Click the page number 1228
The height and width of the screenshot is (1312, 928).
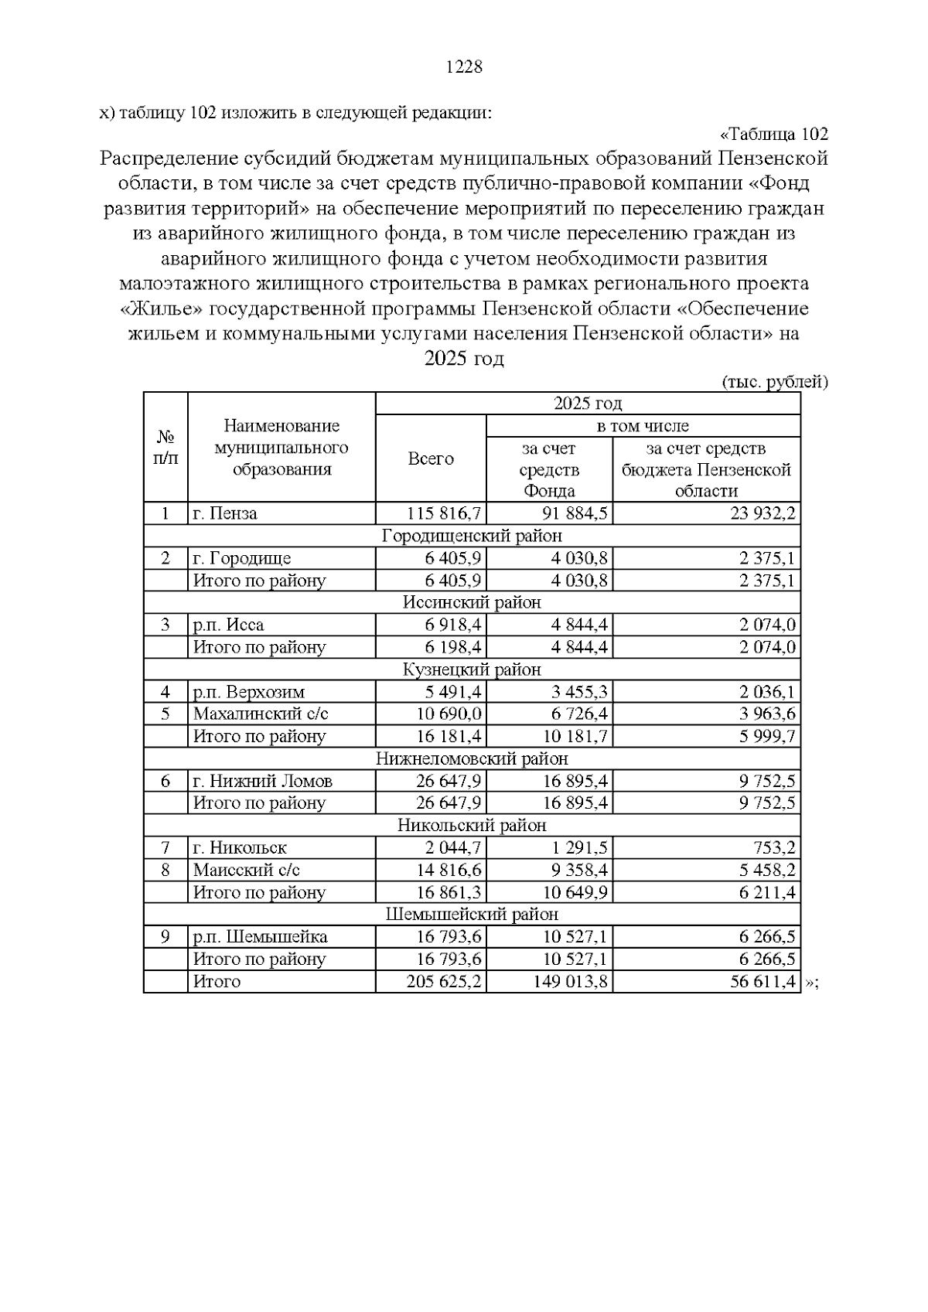pos(464,67)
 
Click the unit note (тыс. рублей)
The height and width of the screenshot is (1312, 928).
pos(775,382)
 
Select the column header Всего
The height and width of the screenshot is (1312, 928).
pos(431,459)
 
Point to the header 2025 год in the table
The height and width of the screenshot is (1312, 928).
pos(588,404)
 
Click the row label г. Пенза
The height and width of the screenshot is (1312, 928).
pos(225,514)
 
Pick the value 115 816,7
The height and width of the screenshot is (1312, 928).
pos(444,514)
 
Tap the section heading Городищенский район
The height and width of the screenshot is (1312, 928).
pos(472,536)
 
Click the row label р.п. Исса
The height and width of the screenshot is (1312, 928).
pos(229,625)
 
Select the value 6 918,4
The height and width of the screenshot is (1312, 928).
pos(449,625)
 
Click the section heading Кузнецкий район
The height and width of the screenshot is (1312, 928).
pos(472,670)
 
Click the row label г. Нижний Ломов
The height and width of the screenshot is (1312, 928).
pos(263,781)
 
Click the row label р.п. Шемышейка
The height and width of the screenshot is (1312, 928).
pos(261,937)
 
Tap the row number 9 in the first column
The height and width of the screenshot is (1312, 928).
pos(165,937)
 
